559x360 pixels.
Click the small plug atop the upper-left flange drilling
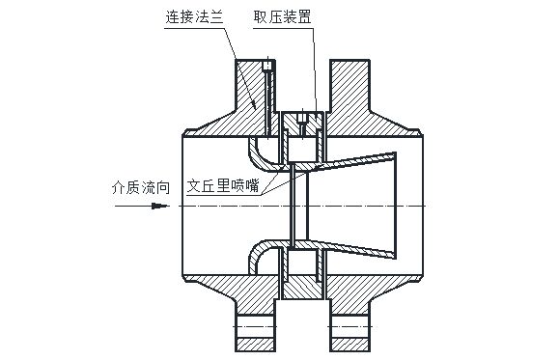pyautogui.click(x=267, y=65)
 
